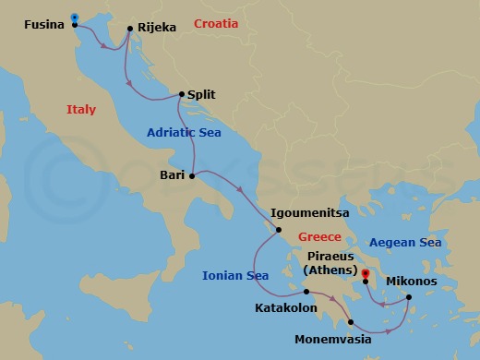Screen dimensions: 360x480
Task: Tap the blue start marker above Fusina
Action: tap(74, 17)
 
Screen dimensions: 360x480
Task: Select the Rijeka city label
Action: tap(156, 28)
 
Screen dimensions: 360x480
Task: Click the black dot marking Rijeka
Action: tap(129, 28)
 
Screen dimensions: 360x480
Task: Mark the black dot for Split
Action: tap(181, 94)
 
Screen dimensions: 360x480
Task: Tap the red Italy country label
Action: tap(81, 110)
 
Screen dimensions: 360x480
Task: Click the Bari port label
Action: tap(173, 175)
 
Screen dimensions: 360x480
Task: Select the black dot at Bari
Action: tap(192, 175)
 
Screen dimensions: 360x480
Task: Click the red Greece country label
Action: tap(319, 237)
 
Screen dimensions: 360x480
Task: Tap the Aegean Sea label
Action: tap(405, 243)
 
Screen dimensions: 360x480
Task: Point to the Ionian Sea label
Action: tap(235, 275)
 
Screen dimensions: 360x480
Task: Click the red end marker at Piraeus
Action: tap(366, 273)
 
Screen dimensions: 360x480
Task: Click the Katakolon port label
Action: tap(286, 306)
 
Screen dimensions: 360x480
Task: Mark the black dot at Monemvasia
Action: tap(351, 322)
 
